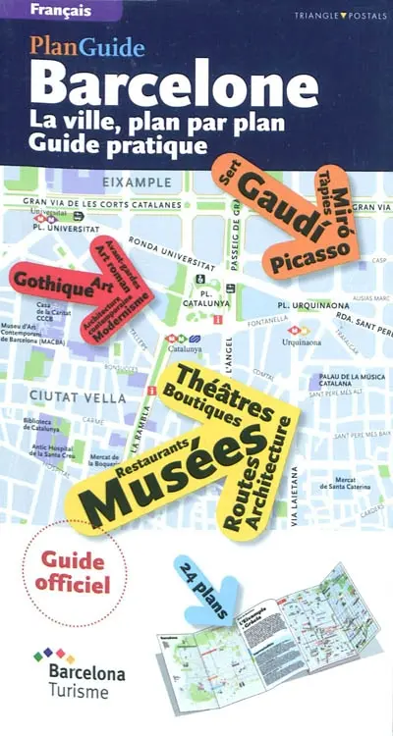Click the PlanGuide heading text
[87, 46]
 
